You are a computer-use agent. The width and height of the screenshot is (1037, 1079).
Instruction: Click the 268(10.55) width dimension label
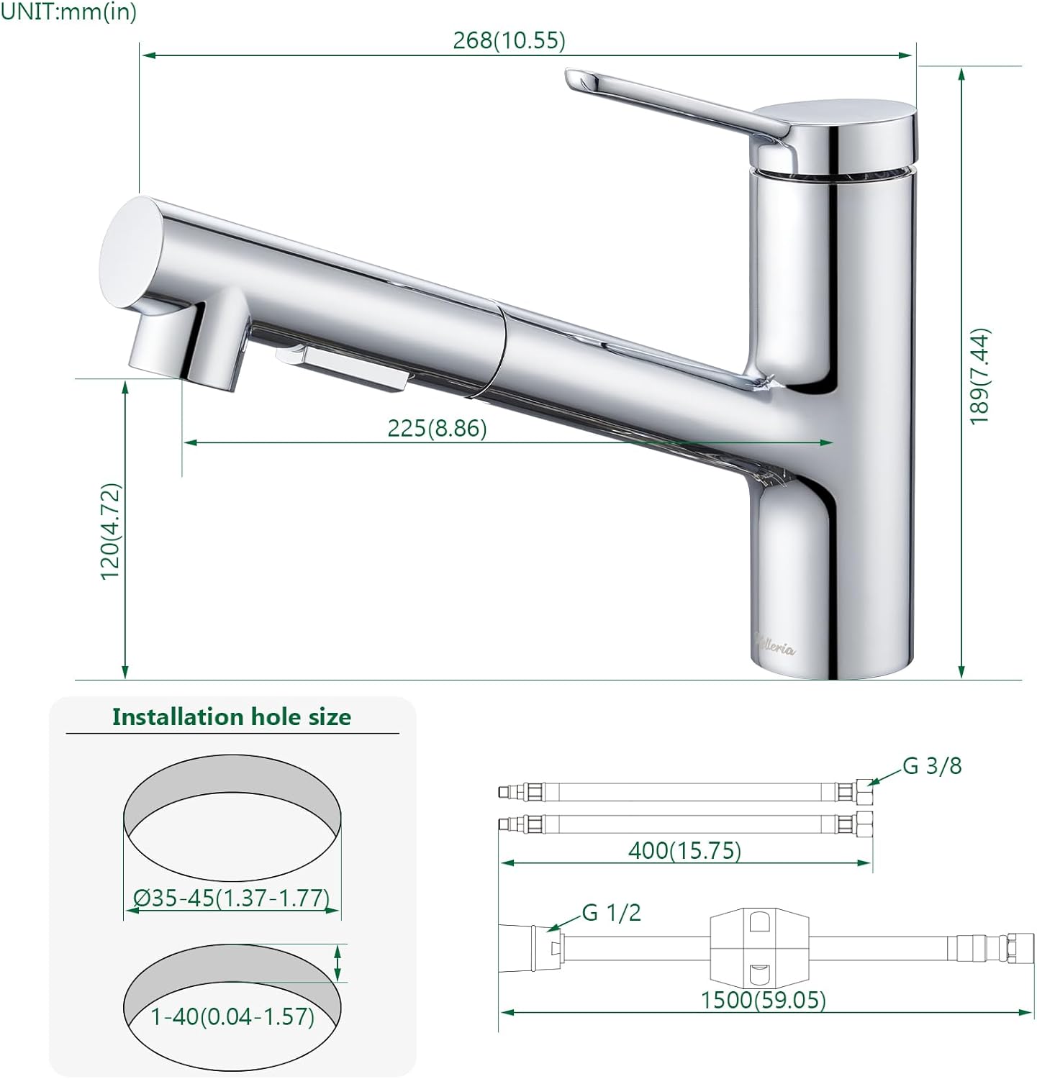509,40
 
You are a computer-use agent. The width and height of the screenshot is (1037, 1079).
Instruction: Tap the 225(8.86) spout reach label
437,428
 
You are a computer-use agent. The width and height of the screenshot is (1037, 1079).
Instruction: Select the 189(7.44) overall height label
979,376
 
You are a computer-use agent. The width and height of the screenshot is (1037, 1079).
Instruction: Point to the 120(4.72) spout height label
111,532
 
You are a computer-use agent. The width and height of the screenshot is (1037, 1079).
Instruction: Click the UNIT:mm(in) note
68,12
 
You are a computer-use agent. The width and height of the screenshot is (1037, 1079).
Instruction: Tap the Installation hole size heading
232,717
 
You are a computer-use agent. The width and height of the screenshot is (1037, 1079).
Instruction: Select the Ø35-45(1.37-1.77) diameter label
232,898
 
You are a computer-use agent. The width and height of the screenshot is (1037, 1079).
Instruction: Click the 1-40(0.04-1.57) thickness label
232,1016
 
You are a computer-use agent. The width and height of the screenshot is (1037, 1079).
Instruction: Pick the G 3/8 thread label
932,766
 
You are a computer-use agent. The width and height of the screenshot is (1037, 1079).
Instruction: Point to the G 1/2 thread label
611,913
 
